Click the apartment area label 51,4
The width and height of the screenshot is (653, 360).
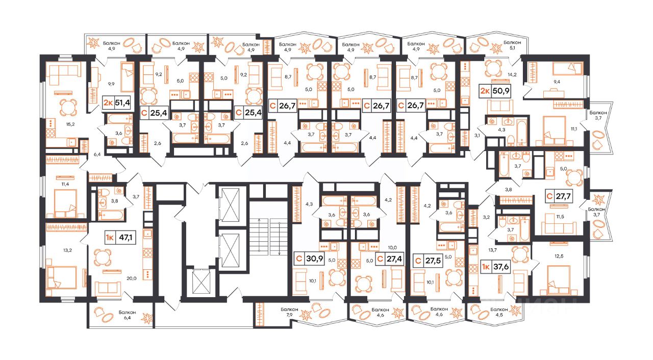(x=122, y=102)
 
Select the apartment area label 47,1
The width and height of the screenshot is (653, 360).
(x=125, y=238)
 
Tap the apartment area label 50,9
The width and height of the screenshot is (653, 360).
(x=501, y=91)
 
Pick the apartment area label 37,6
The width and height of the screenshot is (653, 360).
(x=501, y=267)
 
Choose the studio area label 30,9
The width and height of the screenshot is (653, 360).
(x=314, y=259)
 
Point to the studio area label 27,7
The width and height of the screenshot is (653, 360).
(x=563, y=196)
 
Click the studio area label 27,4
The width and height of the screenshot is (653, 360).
(x=394, y=259)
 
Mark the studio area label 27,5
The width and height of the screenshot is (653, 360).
(x=433, y=261)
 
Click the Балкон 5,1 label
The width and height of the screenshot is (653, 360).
(x=512, y=45)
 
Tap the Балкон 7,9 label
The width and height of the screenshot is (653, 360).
(x=289, y=312)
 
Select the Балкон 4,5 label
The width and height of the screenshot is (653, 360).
(x=499, y=312)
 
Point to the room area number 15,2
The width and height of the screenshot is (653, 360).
(x=70, y=124)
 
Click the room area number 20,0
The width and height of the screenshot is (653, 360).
(x=132, y=278)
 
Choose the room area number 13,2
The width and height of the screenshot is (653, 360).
(x=67, y=250)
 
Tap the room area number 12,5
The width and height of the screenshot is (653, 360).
(x=559, y=256)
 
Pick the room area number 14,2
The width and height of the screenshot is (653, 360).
(x=512, y=74)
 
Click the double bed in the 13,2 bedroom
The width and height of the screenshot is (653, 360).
(x=62, y=277)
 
